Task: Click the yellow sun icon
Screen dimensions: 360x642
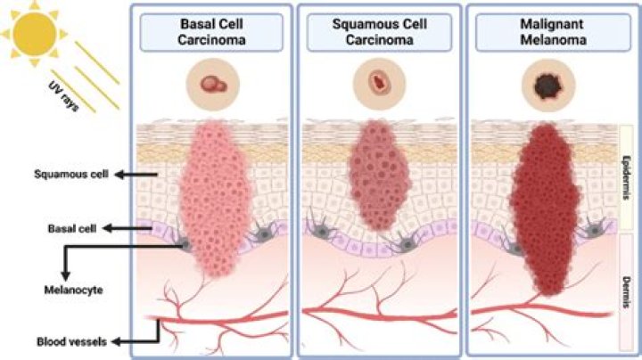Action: [x=30, y=29]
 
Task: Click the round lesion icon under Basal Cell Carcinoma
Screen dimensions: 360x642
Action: [x=212, y=86]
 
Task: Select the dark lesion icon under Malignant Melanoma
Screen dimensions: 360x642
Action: [x=546, y=86]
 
